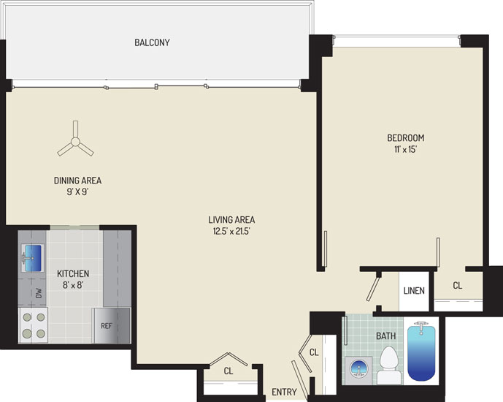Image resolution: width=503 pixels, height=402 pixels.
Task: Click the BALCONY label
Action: [152, 42]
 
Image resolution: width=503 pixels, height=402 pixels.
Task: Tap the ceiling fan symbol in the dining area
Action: [75, 141]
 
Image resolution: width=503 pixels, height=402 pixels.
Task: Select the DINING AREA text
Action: [77, 181]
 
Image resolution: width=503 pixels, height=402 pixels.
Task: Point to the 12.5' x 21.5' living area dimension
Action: [231, 231]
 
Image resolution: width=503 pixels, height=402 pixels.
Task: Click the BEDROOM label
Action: [405, 137]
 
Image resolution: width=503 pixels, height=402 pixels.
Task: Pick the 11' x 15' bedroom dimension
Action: [405, 150]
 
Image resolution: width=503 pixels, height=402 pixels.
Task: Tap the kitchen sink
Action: [33, 258]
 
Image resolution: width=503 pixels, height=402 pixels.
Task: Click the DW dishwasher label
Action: [39, 293]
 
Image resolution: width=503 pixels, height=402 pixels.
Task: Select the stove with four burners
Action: [34, 325]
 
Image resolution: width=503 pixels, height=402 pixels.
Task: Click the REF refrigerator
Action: [112, 325]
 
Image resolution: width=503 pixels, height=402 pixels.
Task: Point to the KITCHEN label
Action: [73, 273]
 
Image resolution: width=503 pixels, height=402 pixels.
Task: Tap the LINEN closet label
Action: [414, 291]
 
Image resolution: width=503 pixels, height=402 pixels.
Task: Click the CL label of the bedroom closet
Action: [458, 285]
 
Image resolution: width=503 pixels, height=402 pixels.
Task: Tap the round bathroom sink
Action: [358, 368]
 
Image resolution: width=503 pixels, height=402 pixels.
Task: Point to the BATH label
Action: [386, 336]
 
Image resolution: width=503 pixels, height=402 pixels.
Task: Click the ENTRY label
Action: [284, 392]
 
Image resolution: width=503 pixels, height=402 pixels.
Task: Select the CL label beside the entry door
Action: [314, 352]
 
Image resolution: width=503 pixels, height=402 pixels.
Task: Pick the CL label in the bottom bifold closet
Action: [228, 371]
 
